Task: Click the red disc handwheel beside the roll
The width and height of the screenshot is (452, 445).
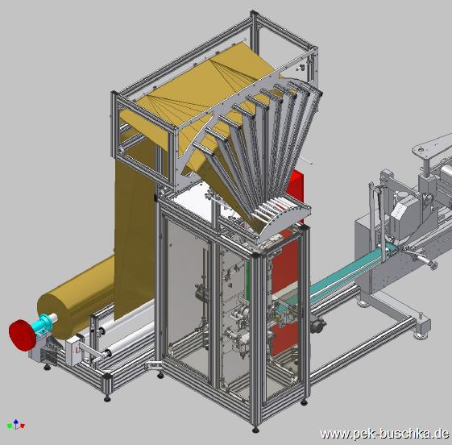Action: click(23, 335)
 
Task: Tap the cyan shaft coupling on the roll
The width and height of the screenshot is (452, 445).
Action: click(44, 323)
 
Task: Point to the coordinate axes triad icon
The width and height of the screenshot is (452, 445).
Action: click(16, 424)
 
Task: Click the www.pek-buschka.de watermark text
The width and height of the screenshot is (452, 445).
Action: click(384, 433)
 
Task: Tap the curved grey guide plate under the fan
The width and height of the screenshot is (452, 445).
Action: click(284, 222)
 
